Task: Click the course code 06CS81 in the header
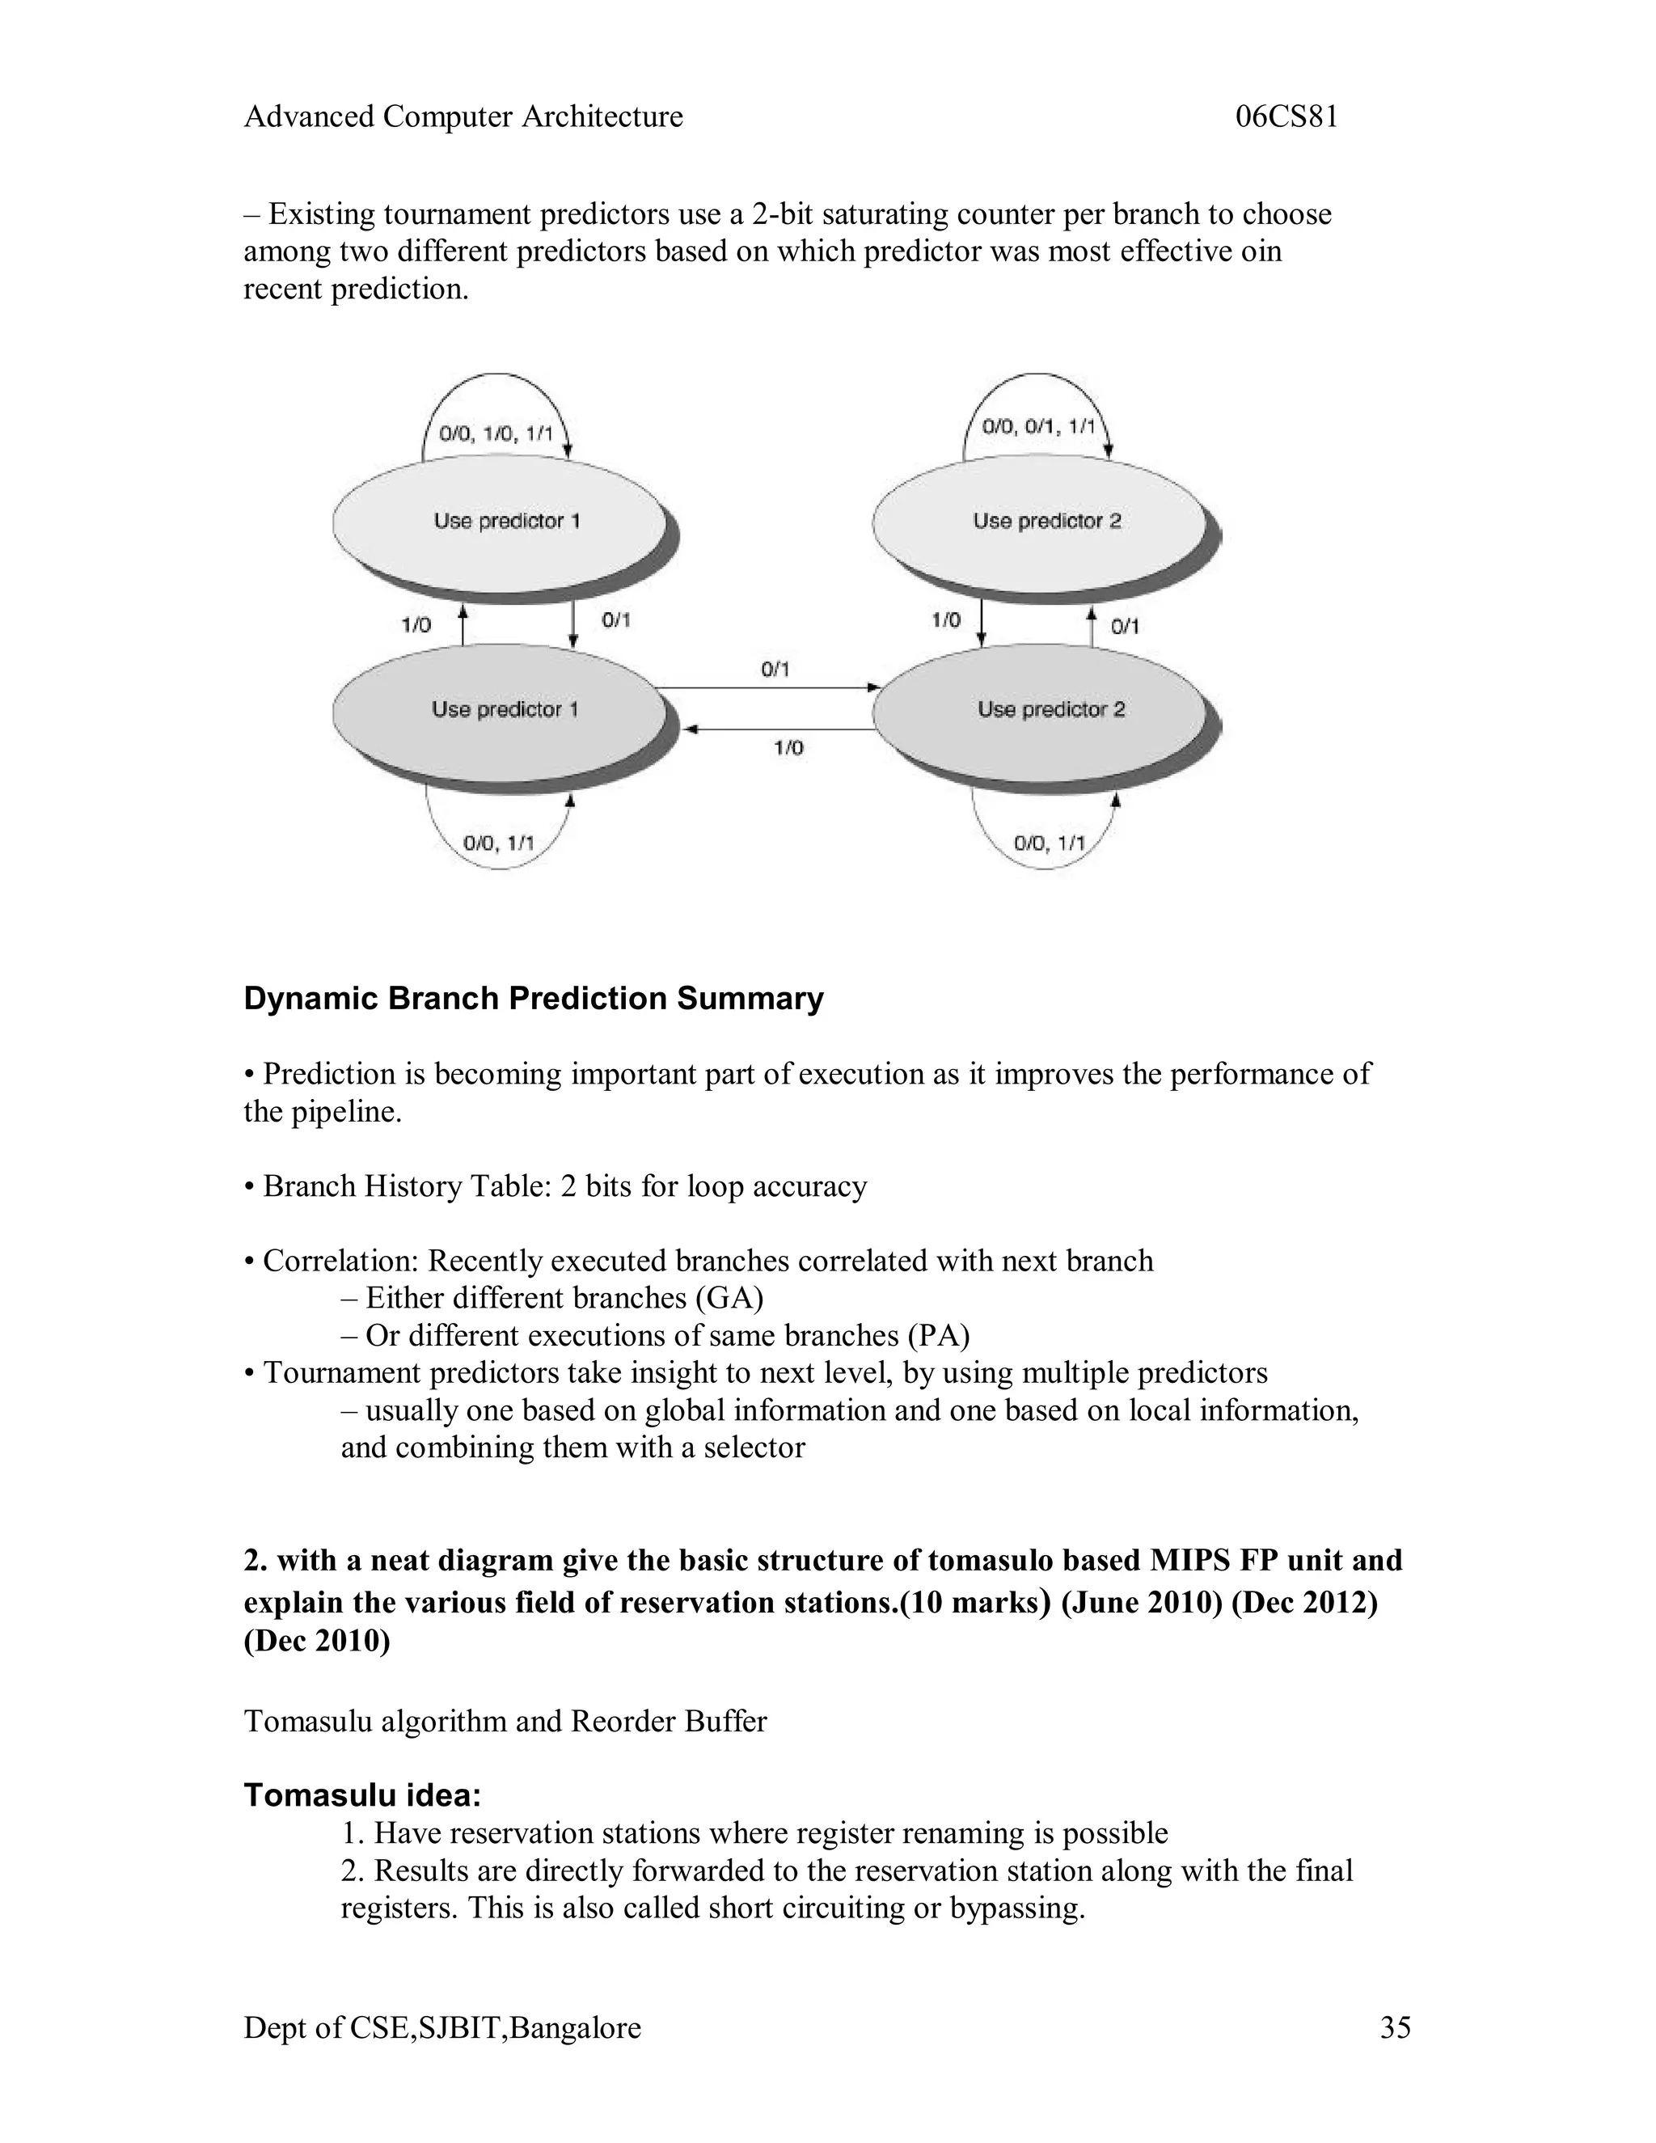pyautogui.click(x=1286, y=116)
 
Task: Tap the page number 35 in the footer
pyautogui.click(x=1395, y=2027)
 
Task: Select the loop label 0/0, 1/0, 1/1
pyautogui.click(x=496, y=433)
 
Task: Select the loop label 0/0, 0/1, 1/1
pyautogui.click(x=1038, y=427)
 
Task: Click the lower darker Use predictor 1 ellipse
pyautogui.click(x=501, y=709)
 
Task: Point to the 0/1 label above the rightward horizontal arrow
pyautogui.click(x=775, y=670)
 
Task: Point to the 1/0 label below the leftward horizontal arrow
pyautogui.click(x=788, y=748)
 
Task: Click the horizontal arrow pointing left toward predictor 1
pyautogui.click(x=780, y=730)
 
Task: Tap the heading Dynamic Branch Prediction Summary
pyautogui.click(x=533, y=998)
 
